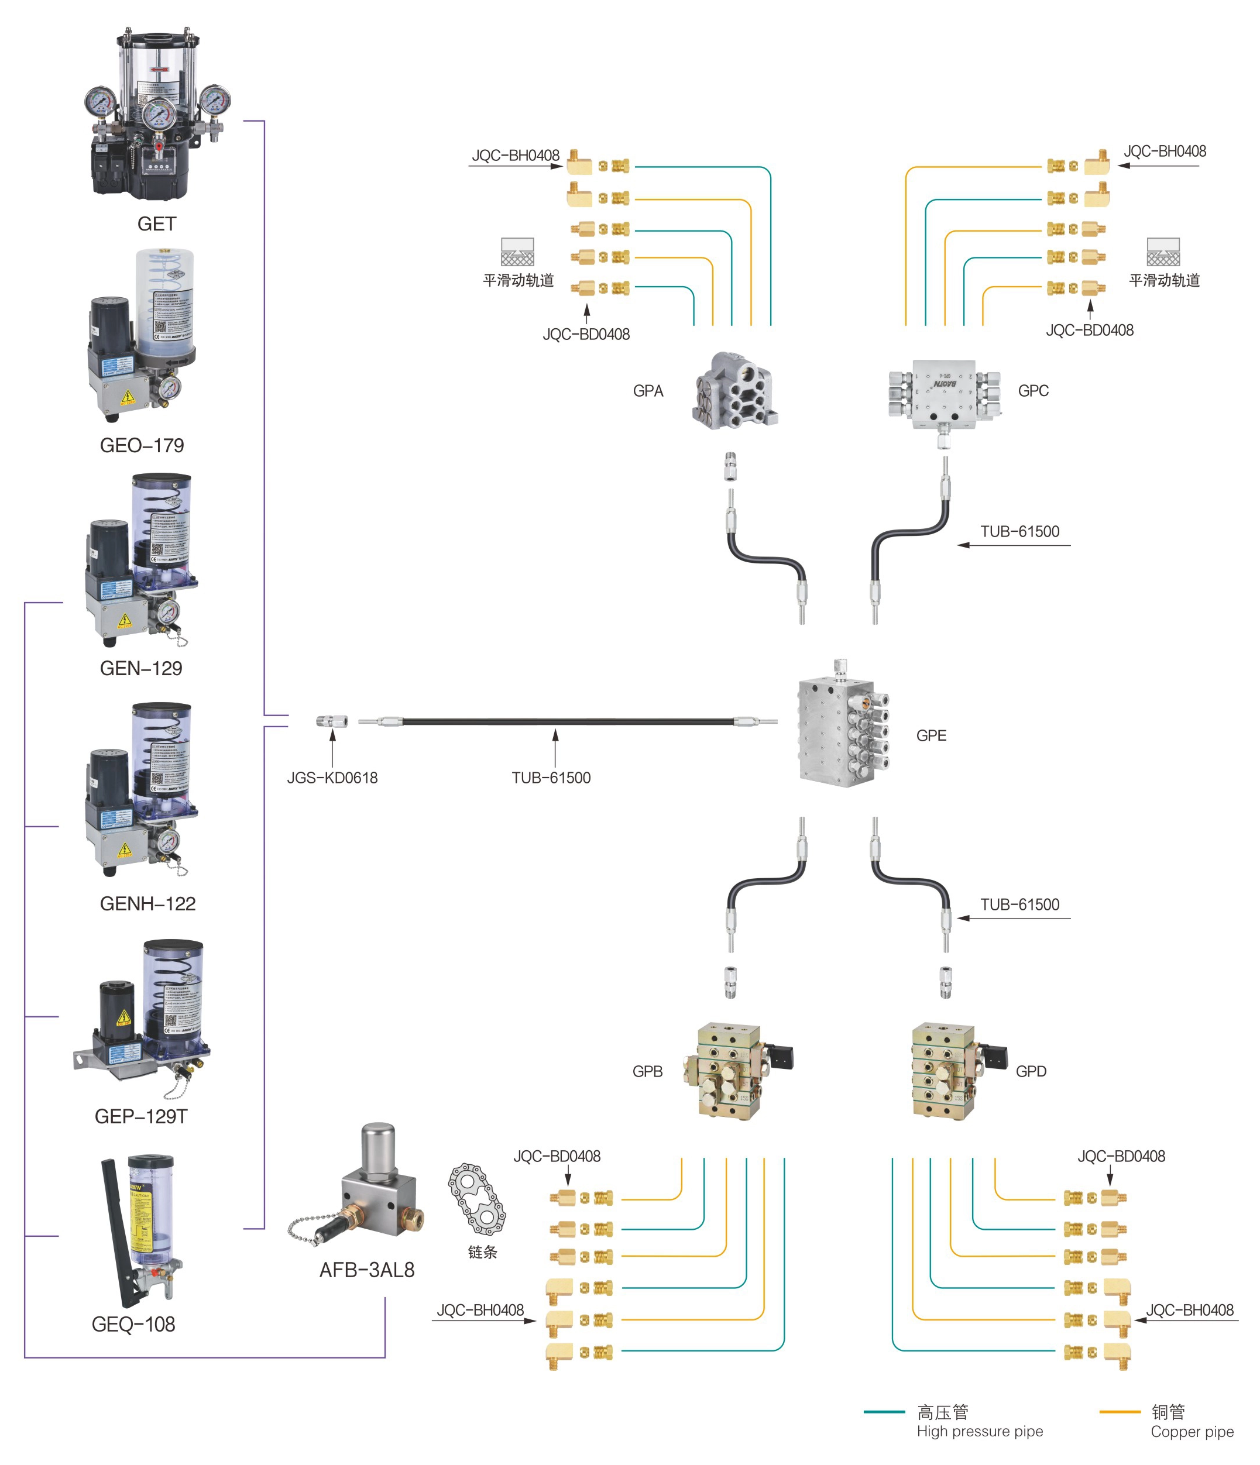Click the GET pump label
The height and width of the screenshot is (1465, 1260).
[x=156, y=224]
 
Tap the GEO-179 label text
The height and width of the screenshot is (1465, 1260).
[x=142, y=445]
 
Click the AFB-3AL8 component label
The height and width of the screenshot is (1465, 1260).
[x=366, y=1270]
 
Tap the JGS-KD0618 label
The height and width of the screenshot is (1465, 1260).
[x=332, y=778]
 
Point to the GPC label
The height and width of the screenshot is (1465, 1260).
[x=1032, y=391]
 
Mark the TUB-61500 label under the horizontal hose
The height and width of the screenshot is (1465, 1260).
[x=551, y=778]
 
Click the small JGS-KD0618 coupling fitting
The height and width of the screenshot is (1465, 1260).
[x=332, y=721]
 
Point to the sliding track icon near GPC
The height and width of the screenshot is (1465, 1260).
[x=1163, y=252]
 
